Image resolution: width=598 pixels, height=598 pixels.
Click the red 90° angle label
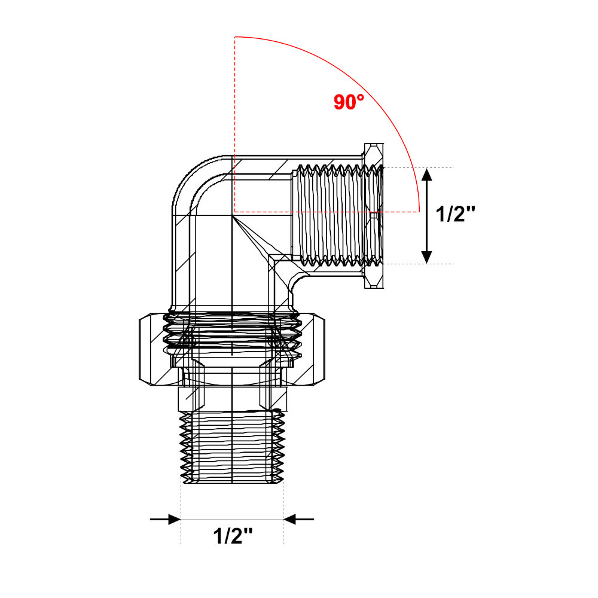click(x=349, y=102)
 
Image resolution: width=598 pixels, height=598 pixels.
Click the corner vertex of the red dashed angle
click(x=235, y=212)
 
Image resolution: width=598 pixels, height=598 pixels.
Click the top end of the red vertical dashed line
click(x=235, y=37)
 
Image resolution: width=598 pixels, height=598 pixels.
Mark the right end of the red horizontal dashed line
click(x=417, y=212)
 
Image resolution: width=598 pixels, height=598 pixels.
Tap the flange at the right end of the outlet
click(x=374, y=215)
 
